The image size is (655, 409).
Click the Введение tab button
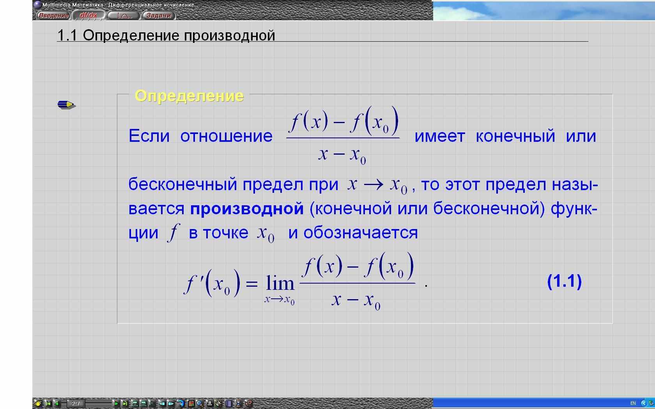(x=53, y=15)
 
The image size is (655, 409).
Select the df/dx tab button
(x=88, y=15)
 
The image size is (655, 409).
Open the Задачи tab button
(x=158, y=15)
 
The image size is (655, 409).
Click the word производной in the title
(x=230, y=36)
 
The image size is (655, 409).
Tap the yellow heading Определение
(x=189, y=96)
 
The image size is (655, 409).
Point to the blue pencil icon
(x=67, y=104)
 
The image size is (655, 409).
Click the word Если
(x=149, y=136)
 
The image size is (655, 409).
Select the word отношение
(x=226, y=136)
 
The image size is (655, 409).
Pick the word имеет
(x=440, y=136)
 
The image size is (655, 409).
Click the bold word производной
(x=247, y=209)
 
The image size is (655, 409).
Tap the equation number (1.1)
(x=565, y=281)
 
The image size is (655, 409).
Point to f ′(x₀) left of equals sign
(x=212, y=283)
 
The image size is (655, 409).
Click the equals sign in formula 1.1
(x=252, y=284)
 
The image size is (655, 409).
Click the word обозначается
(x=361, y=233)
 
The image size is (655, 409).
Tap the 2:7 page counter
(x=76, y=404)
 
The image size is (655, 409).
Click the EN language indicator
(x=633, y=403)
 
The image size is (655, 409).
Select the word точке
(x=225, y=233)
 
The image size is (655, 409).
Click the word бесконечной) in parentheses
(x=489, y=209)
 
